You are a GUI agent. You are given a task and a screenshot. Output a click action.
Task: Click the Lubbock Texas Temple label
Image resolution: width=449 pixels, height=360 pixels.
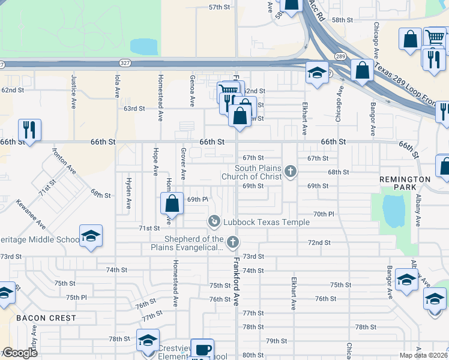click(267, 222)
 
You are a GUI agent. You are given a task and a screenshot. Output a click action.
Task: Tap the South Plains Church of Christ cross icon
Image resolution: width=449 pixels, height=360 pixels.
click(291, 172)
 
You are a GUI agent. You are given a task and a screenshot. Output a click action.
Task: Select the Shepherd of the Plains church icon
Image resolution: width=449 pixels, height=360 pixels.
click(233, 242)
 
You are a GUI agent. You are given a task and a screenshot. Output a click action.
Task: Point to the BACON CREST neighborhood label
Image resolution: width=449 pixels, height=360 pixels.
click(46, 317)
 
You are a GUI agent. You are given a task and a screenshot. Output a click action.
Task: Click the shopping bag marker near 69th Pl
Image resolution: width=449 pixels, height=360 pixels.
click(172, 203)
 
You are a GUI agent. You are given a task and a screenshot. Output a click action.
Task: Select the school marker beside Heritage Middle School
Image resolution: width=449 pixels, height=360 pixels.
click(91, 236)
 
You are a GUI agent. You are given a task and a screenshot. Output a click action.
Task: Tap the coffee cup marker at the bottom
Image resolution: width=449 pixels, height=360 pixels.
click(202, 350)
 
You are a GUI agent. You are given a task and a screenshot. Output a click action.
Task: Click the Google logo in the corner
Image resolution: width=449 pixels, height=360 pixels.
click(20, 353)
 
